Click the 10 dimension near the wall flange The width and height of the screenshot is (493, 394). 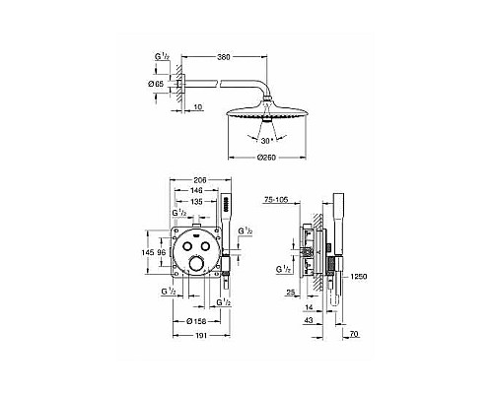pos(198,107)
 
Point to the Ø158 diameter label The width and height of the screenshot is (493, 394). pos(197,320)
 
